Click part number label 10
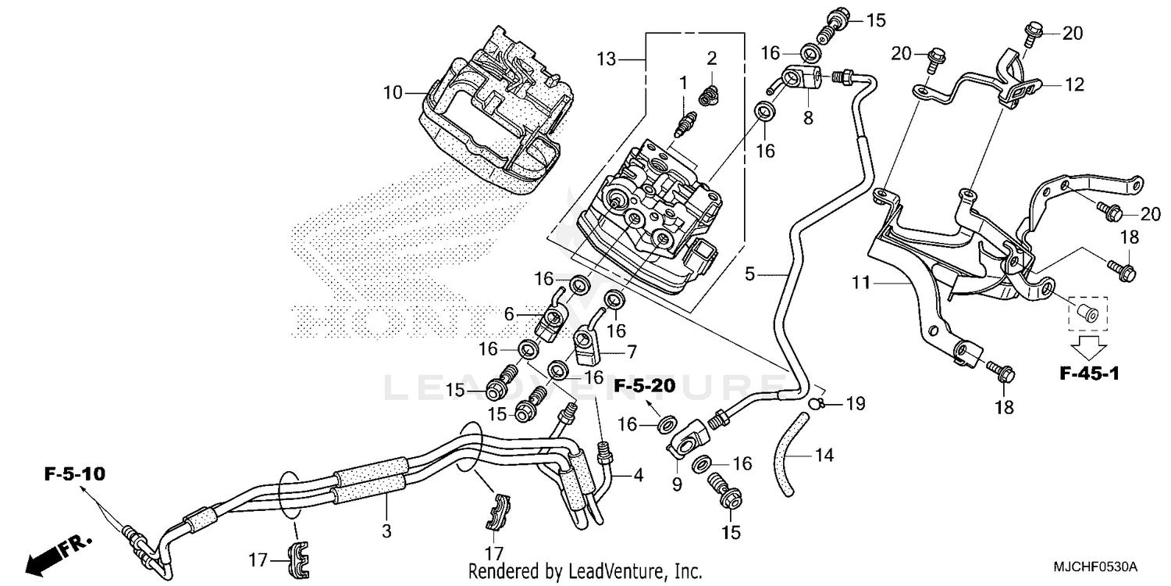pos(393,93)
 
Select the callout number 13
pos(607,59)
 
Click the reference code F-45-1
pos(1089,374)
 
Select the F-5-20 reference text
pos(643,386)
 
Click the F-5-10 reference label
pos(75,473)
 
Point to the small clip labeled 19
pos(815,403)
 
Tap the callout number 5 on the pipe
pos(750,273)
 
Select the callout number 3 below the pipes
pos(386,531)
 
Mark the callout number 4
pos(638,473)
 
